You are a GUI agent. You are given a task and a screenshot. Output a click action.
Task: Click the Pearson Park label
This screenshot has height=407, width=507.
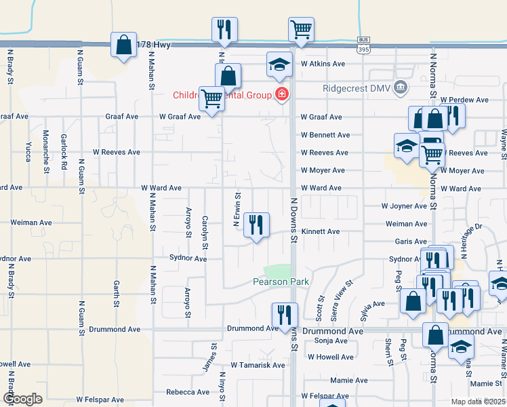281,282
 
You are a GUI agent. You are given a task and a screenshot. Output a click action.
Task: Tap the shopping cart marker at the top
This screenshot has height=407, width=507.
301,29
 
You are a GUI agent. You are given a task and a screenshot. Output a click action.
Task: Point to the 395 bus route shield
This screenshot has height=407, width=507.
364,45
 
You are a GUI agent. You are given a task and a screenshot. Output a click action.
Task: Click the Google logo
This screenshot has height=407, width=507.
22,399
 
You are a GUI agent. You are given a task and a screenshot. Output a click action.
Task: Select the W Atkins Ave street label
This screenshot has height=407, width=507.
323,64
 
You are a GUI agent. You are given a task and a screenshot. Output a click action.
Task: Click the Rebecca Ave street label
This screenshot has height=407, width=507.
187,392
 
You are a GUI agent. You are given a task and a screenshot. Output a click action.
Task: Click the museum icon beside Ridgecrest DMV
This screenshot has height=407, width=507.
401,87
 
